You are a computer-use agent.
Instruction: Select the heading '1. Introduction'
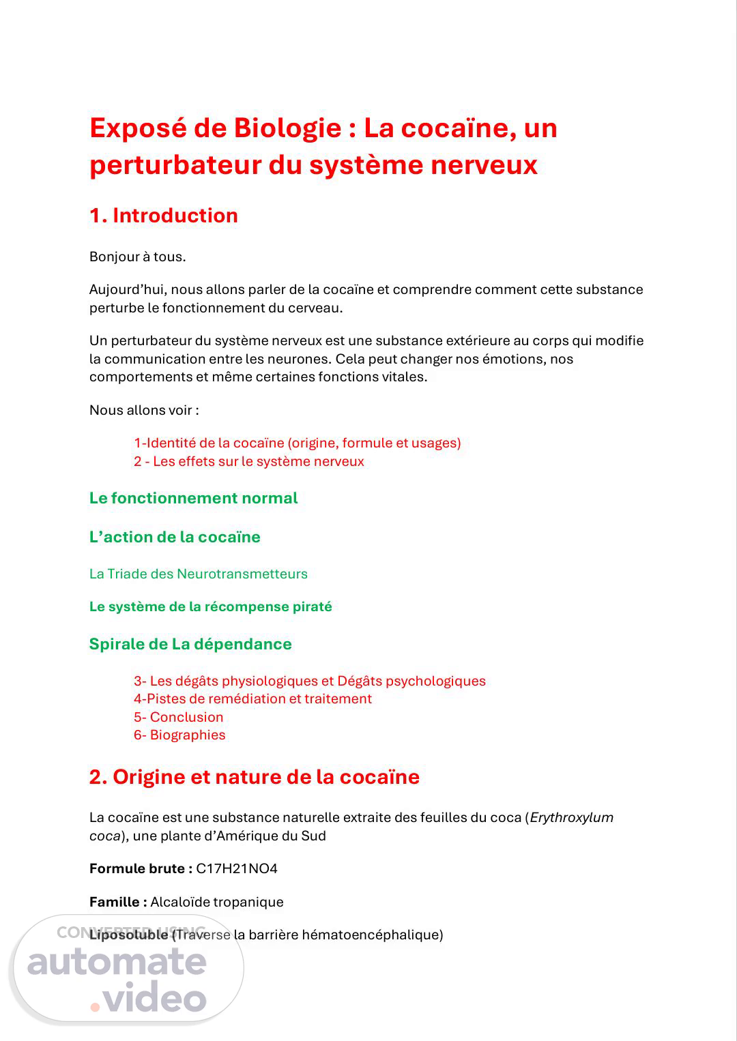click(164, 216)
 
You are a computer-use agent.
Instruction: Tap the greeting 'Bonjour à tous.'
click(138, 257)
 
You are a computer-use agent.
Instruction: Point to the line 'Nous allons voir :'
click(144, 410)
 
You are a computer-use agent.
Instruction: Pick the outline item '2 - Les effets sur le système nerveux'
click(249, 461)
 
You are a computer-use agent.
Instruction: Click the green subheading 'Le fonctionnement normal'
click(193, 498)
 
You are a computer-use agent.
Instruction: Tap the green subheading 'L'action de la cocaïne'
click(175, 537)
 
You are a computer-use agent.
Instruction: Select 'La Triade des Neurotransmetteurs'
click(198, 574)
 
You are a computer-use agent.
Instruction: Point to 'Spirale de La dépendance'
click(190, 644)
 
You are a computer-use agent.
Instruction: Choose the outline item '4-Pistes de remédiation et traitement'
click(252, 699)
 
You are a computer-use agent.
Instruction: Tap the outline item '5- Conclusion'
click(179, 717)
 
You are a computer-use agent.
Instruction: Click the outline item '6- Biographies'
click(179, 735)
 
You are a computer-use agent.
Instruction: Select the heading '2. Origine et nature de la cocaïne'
click(254, 777)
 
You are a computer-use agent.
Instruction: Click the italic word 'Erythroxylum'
click(571, 817)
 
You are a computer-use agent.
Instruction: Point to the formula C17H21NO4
click(237, 868)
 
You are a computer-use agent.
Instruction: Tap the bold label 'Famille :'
click(118, 902)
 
